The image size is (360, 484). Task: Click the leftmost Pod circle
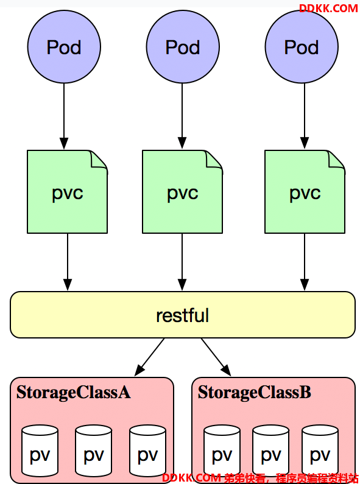pyautogui.click(x=64, y=47)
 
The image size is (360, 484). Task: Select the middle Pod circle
pyautogui.click(x=183, y=47)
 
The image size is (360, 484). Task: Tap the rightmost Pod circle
pyautogui.click(x=302, y=47)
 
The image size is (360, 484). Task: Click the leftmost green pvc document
pyautogui.click(x=67, y=192)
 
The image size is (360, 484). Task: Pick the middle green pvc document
pyautogui.click(x=183, y=192)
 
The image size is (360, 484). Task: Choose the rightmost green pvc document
pyautogui.click(x=305, y=192)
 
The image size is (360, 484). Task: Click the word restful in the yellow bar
pyautogui.click(x=183, y=315)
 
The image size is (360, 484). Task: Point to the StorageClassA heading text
pyautogui.click(x=74, y=393)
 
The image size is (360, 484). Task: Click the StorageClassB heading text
pyautogui.click(x=255, y=392)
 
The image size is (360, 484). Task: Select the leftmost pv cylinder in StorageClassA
pyautogui.click(x=40, y=451)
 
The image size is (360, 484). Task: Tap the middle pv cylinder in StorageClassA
pyautogui.click(x=94, y=451)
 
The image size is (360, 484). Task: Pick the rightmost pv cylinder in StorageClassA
pyautogui.click(x=147, y=451)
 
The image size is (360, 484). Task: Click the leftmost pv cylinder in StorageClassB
pyautogui.click(x=222, y=451)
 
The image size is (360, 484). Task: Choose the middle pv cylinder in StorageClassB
pyautogui.click(x=271, y=451)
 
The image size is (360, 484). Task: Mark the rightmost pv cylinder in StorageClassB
pyautogui.click(x=320, y=451)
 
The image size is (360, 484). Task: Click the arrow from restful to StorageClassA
pyautogui.click(x=149, y=357)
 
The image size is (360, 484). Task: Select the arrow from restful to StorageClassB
pyautogui.click(x=216, y=357)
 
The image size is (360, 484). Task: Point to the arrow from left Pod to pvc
pyautogui.click(x=64, y=116)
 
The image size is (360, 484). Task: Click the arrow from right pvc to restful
pyautogui.click(x=305, y=262)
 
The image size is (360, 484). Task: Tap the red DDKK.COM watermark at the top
pyautogui.click(x=328, y=9)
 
